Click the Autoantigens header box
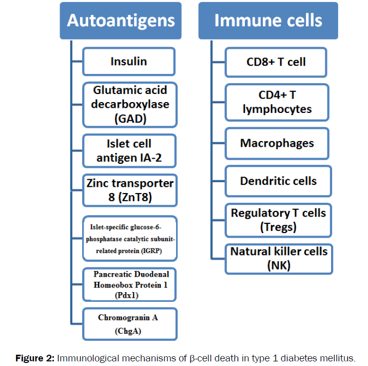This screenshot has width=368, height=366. (121, 21)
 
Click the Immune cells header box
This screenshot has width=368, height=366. (268, 21)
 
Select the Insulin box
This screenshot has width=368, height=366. (129, 62)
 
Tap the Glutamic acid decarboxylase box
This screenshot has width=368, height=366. (130, 105)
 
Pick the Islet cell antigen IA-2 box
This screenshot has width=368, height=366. (130, 150)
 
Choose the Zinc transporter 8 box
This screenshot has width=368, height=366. (130, 190)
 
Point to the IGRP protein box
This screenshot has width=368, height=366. (130, 239)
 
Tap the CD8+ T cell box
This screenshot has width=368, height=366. (276, 62)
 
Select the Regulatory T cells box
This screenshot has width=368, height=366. (278, 219)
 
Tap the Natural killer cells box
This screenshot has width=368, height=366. (279, 259)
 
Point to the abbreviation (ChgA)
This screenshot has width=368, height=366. (128, 331)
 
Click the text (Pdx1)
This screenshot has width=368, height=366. (127, 295)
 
